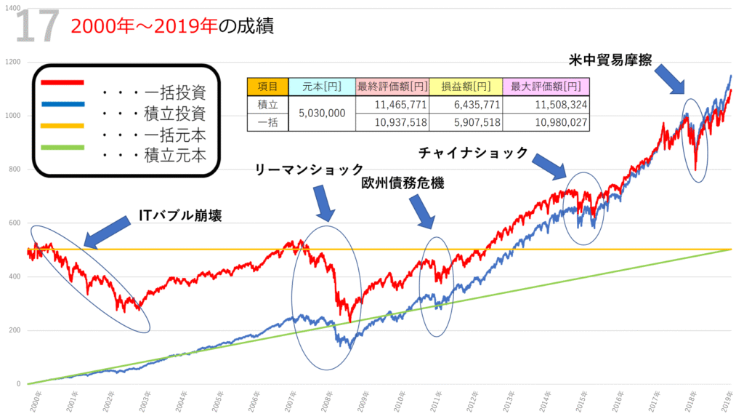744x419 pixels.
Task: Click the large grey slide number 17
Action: pyautogui.click(x=36, y=26)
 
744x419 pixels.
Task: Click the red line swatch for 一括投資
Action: pyautogui.click(x=64, y=82)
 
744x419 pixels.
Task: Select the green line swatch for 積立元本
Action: pyautogui.click(x=64, y=148)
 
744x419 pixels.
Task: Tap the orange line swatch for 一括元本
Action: pyautogui.click(x=64, y=126)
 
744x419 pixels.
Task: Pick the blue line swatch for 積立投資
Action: pyautogui.click(x=64, y=104)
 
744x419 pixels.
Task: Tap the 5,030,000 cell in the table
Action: pyautogui.click(x=323, y=113)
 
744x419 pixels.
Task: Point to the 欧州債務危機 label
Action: pyautogui.click(x=404, y=184)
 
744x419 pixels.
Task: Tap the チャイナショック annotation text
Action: pyautogui.click(x=472, y=153)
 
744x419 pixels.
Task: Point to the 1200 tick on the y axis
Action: pyautogui.click(x=12, y=62)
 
